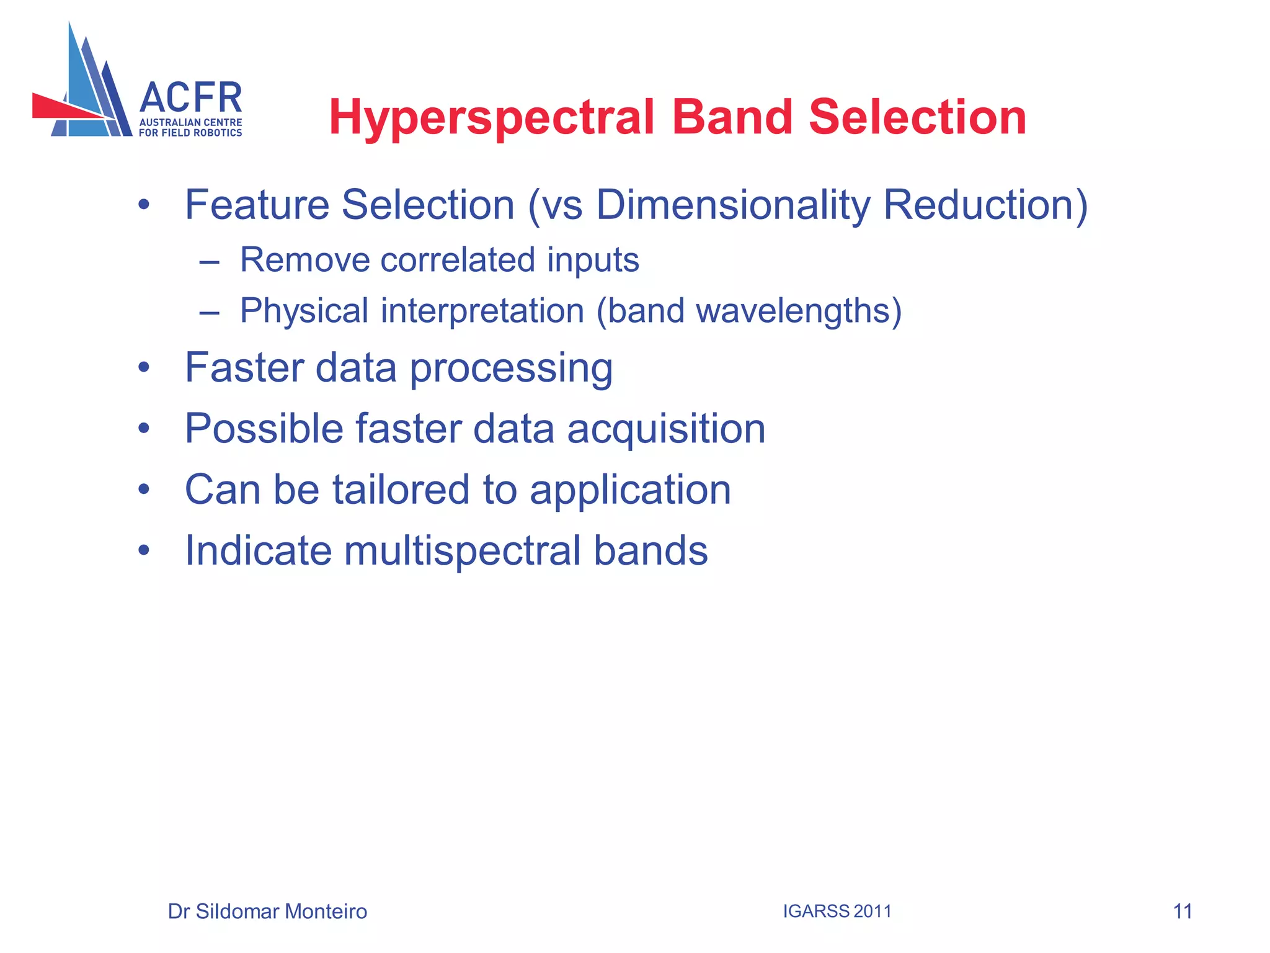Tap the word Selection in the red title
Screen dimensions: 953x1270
918,118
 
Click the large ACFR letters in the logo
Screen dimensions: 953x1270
191,98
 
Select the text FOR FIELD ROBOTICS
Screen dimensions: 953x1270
190,133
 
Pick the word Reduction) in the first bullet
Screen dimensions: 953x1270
985,205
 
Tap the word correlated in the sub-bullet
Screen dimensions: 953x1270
458,259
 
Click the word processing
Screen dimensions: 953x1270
511,369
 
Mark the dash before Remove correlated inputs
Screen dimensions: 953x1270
210,262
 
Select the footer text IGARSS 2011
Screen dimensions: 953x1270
837,911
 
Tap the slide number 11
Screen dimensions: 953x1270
1183,911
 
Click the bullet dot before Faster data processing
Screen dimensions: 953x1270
144,368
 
